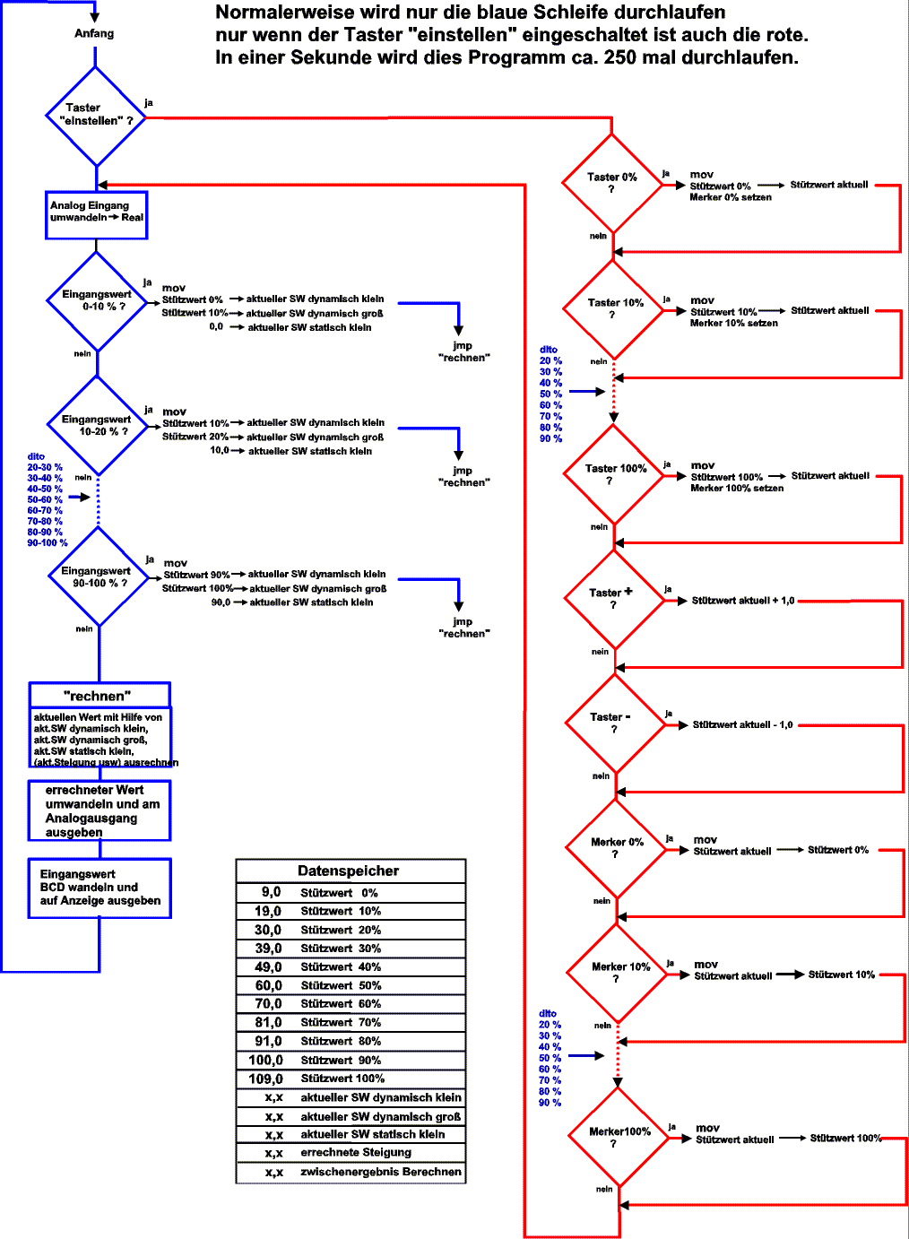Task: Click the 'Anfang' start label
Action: [x=94, y=33]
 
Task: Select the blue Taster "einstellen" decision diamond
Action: [x=96, y=116]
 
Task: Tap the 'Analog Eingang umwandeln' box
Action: [x=96, y=215]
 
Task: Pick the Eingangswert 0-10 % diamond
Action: [x=97, y=300]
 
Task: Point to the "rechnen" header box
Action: [x=99, y=696]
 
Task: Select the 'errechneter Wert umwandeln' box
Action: [x=100, y=810]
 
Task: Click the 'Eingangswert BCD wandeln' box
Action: [x=100, y=888]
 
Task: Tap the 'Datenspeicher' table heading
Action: [x=349, y=871]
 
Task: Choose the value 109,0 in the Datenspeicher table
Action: [x=265, y=1079]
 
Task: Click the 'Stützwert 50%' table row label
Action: [x=341, y=985]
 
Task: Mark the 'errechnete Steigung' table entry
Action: [x=356, y=1152]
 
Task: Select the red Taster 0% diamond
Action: [x=611, y=183]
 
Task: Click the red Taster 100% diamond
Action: [x=614, y=474]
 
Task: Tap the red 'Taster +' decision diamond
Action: [x=615, y=599]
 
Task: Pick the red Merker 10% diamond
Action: [x=618, y=973]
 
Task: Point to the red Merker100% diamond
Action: [x=619, y=1137]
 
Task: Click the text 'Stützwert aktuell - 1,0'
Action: [x=742, y=724]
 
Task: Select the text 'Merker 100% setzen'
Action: [x=737, y=489]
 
